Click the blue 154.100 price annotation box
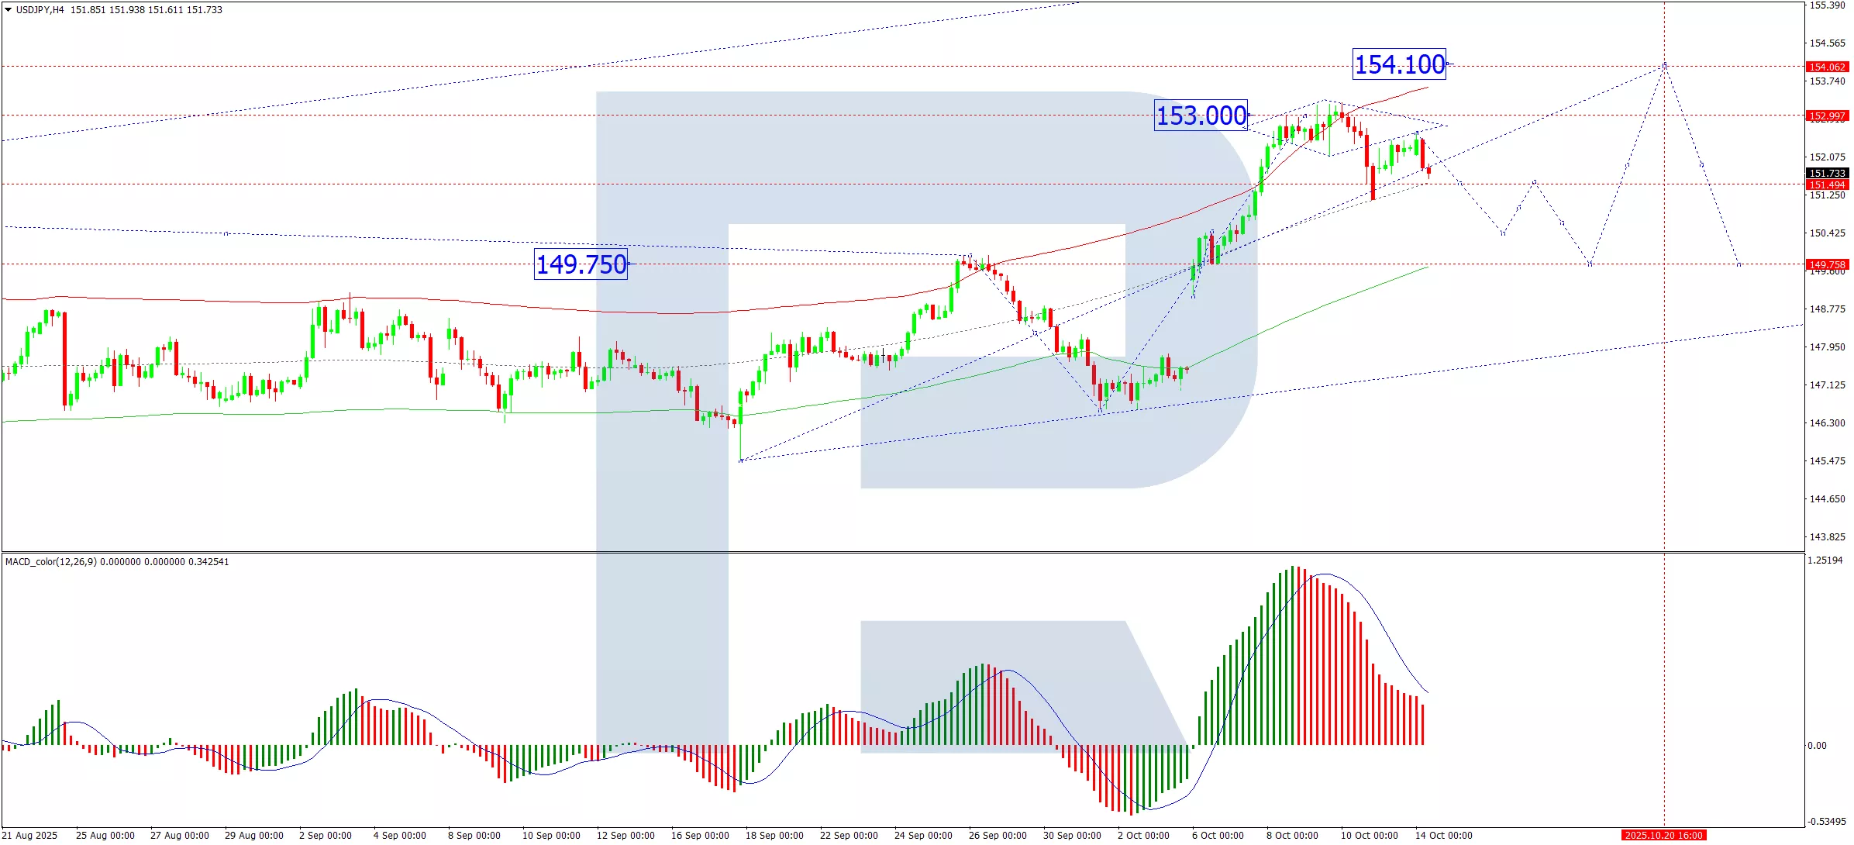pyautogui.click(x=1399, y=64)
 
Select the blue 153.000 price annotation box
pyautogui.click(x=1201, y=116)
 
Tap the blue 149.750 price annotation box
pyautogui.click(x=581, y=264)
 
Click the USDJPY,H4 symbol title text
pyautogui.click(x=40, y=10)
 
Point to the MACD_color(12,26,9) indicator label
pyautogui.click(x=51, y=562)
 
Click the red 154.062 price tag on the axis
pyautogui.click(x=1827, y=67)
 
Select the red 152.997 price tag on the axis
pyautogui.click(x=1827, y=116)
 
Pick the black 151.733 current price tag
pyautogui.click(x=1827, y=174)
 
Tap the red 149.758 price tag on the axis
pyautogui.click(x=1827, y=265)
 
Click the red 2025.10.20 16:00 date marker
pyautogui.click(x=1663, y=836)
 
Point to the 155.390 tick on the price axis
pyautogui.click(x=1827, y=5)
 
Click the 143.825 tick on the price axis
pyautogui.click(x=1827, y=537)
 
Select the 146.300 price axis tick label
pyautogui.click(x=1827, y=423)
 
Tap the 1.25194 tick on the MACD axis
pyautogui.click(x=1825, y=560)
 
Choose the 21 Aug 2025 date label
pyautogui.click(x=30, y=836)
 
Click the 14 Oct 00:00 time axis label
pyautogui.click(x=1443, y=836)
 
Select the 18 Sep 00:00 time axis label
pyautogui.click(x=774, y=836)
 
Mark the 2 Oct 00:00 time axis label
pyautogui.click(x=1143, y=836)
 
